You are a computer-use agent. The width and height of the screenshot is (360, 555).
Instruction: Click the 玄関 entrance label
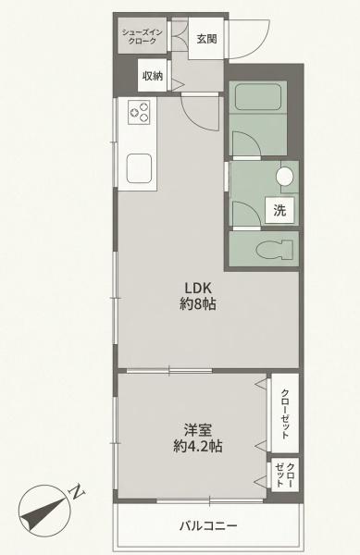(x=206, y=39)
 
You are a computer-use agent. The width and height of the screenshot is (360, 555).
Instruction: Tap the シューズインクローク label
(x=143, y=37)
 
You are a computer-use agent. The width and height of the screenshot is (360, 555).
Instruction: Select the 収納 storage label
(x=153, y=76)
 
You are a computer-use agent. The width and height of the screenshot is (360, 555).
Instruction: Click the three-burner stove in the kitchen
(x=140, y=111)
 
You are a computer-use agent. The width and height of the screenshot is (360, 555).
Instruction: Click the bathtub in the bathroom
(x=257, y=96)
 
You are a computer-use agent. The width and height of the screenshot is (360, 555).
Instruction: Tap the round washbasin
(x=285, y=176)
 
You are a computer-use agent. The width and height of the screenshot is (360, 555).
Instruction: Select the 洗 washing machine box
(x=279, y=211)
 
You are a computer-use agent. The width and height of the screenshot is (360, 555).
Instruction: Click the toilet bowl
(x=275, y=249)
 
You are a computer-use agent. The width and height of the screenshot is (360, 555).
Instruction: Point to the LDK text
(x=198, y=288)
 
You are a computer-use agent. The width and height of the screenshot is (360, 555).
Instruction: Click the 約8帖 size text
(x=198, y=304)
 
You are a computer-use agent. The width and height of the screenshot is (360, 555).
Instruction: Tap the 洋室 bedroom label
(x=197, y=430)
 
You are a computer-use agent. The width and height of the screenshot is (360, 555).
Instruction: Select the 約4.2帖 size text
(x=197, y=447)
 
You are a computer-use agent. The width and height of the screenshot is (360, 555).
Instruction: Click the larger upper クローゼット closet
(x=285, y=413)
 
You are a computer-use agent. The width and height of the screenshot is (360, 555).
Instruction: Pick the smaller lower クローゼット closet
(x=285, y=475)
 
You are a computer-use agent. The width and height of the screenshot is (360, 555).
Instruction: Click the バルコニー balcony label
(x=208, y=525)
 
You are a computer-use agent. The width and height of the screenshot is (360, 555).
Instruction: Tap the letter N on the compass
(x=77, y=492)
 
